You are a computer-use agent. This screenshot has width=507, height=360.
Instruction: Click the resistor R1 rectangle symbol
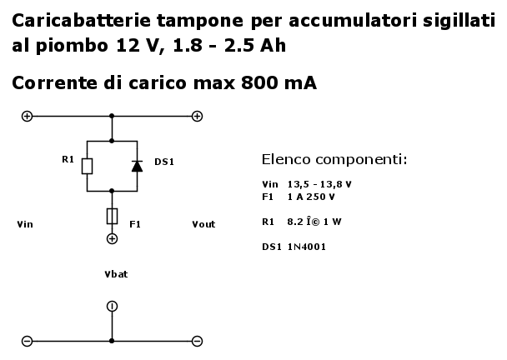point(87,166)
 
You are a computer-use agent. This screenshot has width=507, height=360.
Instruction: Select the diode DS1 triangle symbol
point(137,166)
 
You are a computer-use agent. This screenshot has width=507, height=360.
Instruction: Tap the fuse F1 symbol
point(112,216)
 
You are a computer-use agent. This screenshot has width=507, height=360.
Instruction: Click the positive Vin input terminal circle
point(27,116)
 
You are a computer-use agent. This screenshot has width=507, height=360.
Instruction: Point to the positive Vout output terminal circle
point(198,116)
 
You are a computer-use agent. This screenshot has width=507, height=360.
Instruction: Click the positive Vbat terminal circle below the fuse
point(112,239)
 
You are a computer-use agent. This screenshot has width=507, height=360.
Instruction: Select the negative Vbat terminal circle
point(112,306)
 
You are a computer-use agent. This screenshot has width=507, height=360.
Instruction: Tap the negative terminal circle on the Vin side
point(27,341)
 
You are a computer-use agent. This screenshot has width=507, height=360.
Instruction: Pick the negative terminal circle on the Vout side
point(198,341)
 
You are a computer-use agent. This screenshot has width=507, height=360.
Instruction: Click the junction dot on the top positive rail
point(112,116)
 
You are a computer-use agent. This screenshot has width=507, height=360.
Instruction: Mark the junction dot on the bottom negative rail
point(112,341)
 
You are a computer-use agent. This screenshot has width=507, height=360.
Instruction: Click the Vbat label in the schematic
point(116,274)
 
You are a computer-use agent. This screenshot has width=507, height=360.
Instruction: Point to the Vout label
point(203,224)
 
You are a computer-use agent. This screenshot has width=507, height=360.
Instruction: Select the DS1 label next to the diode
point(164,162)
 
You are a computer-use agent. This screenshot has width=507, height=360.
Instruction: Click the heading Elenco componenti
point(334,159)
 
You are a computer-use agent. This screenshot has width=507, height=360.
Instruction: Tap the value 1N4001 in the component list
point(307,247)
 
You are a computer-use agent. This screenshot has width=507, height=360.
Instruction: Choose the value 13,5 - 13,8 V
point(319,184)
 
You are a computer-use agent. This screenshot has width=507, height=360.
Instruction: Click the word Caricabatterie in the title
point(82,20)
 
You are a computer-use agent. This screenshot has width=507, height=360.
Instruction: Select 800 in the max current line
point(259,82)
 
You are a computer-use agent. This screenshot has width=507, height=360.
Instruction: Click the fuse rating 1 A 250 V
point(311,197)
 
